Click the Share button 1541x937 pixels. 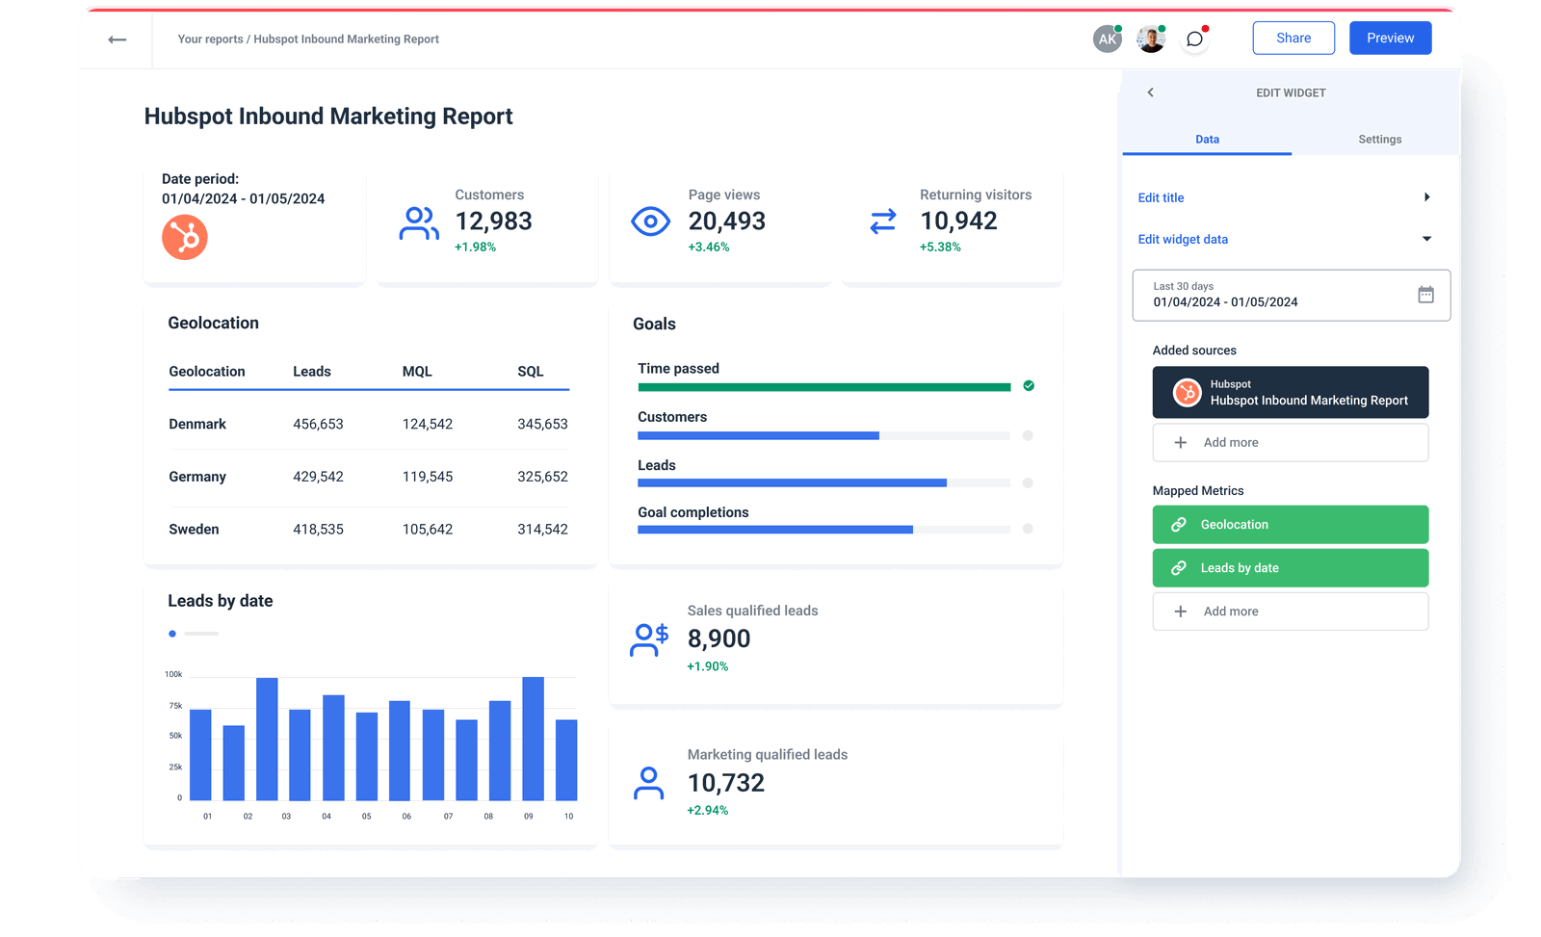1293,39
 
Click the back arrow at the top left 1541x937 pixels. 118,39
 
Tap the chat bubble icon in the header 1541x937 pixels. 1194,39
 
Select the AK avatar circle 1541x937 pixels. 1108,39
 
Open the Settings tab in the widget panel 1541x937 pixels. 1379,140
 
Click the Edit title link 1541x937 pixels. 1161,197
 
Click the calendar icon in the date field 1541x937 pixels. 1425,295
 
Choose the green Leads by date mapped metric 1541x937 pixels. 1290,568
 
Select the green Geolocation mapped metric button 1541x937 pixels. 1290,525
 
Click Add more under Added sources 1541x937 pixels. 1290,443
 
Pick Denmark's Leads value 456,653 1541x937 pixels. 318,425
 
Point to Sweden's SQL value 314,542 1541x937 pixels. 542,530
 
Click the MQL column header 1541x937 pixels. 417,372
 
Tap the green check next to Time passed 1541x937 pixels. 1029,386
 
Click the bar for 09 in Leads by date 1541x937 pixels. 533,739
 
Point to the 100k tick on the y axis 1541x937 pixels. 173,674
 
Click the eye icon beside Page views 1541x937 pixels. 650,221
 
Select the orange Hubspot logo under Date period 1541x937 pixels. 185,237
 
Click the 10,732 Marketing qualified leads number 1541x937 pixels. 725,783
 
